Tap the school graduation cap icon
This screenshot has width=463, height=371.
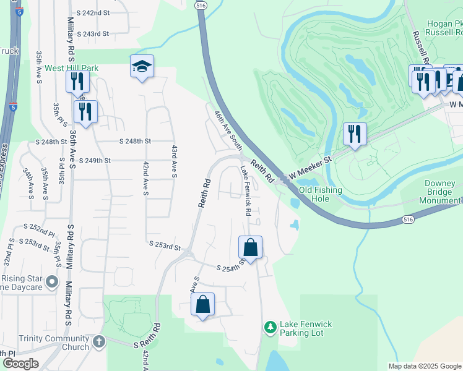pos(142,67)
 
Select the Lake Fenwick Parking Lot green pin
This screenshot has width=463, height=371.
pos(270,326)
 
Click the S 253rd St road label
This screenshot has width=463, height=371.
pos(165,246)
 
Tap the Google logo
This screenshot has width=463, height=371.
pos(20,364)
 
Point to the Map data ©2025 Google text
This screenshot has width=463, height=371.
pos(424,366)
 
